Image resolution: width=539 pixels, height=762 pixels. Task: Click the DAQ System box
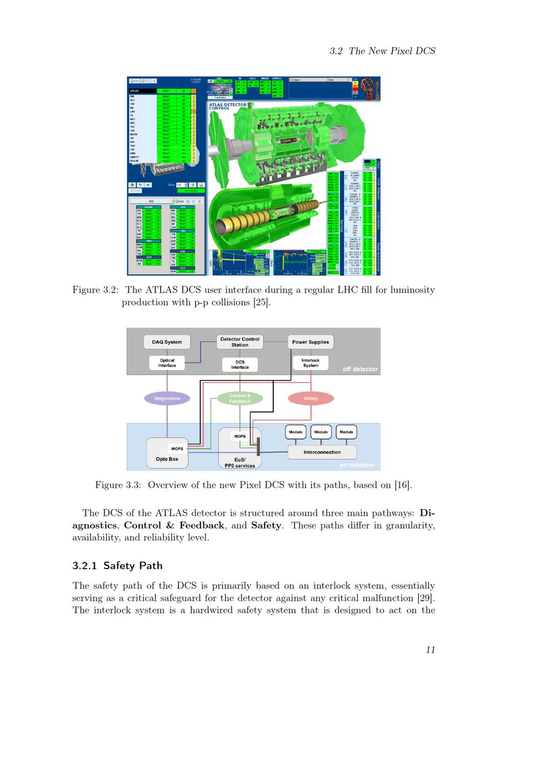point(167,342)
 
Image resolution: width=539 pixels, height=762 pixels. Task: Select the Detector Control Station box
point(240,342)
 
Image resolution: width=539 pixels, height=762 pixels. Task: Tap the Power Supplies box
point(310,342)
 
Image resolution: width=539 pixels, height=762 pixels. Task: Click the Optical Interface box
point(167,363)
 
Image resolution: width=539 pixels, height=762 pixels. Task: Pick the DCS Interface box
point(240,365)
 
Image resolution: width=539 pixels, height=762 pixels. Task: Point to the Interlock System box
point(310,363)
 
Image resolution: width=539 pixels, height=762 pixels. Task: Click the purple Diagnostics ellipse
point(167,398)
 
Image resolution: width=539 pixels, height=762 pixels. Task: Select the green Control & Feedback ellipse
point(240,398)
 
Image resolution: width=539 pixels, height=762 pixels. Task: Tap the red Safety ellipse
point(311,398)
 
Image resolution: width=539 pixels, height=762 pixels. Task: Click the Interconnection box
point(322,452)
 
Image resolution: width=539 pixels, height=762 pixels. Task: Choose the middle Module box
point(321,432)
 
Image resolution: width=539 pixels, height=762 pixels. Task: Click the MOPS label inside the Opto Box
point(177,448)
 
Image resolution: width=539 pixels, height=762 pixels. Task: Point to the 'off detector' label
point(360,369)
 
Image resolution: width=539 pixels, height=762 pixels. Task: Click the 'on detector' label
point(356,465)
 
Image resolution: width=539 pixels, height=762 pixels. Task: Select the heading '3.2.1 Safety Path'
point(118,565)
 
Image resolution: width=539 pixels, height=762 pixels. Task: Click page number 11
point(430,649)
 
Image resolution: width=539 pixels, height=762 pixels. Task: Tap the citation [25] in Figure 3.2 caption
point(262,302)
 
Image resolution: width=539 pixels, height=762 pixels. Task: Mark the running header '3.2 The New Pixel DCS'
point(382,51)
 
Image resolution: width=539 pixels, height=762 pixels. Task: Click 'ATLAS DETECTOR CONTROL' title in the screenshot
point(227,106)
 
